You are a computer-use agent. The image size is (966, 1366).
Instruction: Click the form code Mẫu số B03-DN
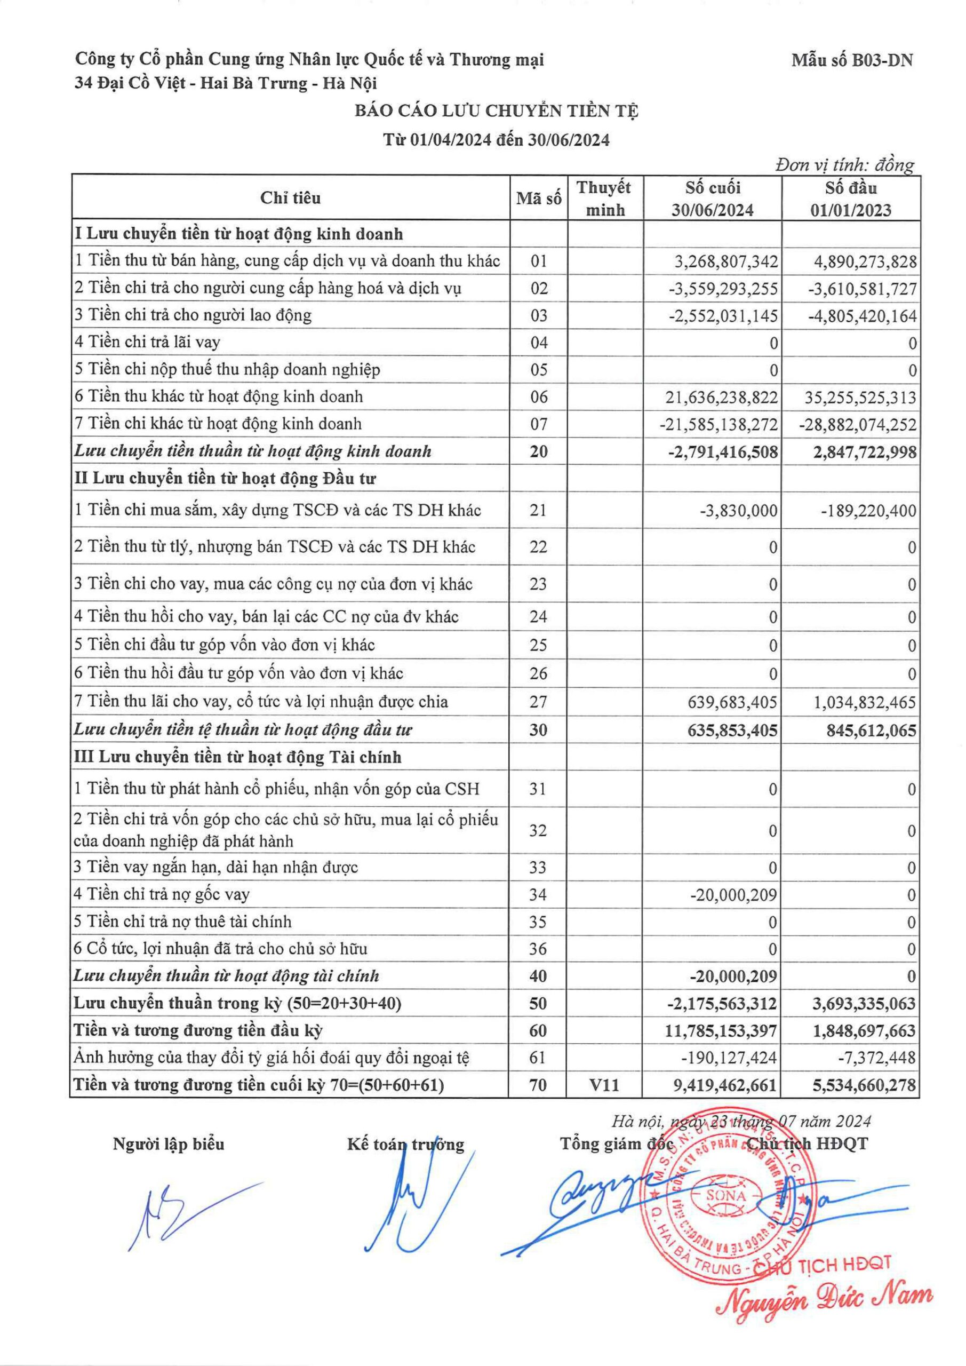(852, 60)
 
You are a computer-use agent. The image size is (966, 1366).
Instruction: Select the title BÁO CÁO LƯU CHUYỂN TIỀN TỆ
(497, 112)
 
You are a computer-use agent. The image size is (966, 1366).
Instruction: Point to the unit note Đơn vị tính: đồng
(845, 165)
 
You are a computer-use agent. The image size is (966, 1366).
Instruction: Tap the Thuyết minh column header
(604, 198)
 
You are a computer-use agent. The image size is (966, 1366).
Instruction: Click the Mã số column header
(538, 198)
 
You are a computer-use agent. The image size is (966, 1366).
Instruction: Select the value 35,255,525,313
(860, 397)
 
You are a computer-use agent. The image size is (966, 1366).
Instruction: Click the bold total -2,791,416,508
(722, 451)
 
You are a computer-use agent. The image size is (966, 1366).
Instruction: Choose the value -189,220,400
(869, 511)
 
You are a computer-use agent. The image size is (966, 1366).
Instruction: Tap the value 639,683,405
(732, 702)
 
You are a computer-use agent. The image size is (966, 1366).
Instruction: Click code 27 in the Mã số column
(538, 702)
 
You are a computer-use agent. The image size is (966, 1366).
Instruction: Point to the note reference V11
(604, 1085)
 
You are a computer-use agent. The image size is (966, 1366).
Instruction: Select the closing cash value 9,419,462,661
(721, 1085)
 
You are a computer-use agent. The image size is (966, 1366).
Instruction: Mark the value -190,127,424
(729, 1058)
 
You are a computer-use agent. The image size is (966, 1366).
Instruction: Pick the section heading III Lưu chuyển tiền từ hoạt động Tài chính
(237, 757)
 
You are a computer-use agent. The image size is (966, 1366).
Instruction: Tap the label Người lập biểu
(169, 1143)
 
